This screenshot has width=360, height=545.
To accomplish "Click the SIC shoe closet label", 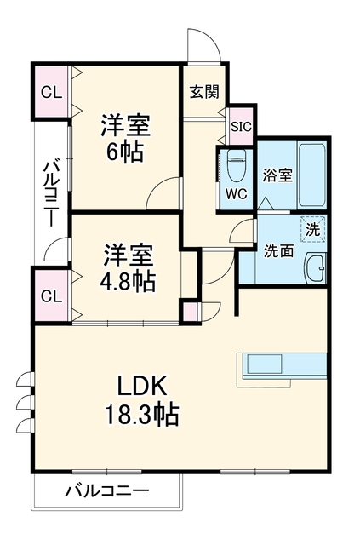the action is coord(241,127).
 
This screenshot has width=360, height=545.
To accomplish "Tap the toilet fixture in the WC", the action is coord(237,165).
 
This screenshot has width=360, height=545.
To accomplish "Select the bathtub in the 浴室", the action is coord(312,174).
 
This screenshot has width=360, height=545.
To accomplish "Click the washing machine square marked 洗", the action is coord(312,229).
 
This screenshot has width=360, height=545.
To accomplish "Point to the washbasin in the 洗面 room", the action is coord(316,267).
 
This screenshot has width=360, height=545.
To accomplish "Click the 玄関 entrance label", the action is coord(204,92).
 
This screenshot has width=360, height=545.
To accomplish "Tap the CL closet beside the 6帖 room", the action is coord(51,92).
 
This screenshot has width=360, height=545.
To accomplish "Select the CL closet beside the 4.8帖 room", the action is coord(51,296).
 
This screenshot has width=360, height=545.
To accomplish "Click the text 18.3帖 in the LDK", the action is coord(142,414).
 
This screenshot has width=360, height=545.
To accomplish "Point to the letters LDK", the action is coord(142,386).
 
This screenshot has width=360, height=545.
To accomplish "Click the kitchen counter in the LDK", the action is coord(282,366).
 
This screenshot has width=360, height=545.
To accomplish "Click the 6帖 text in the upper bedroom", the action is coord(125,152).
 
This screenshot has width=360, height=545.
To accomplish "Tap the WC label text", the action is coord(237,194).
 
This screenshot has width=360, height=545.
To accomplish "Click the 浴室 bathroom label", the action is coord(277,175).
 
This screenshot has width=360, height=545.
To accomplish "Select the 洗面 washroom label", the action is coord(278,250).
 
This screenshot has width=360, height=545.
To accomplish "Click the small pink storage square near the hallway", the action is coord(190,312).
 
